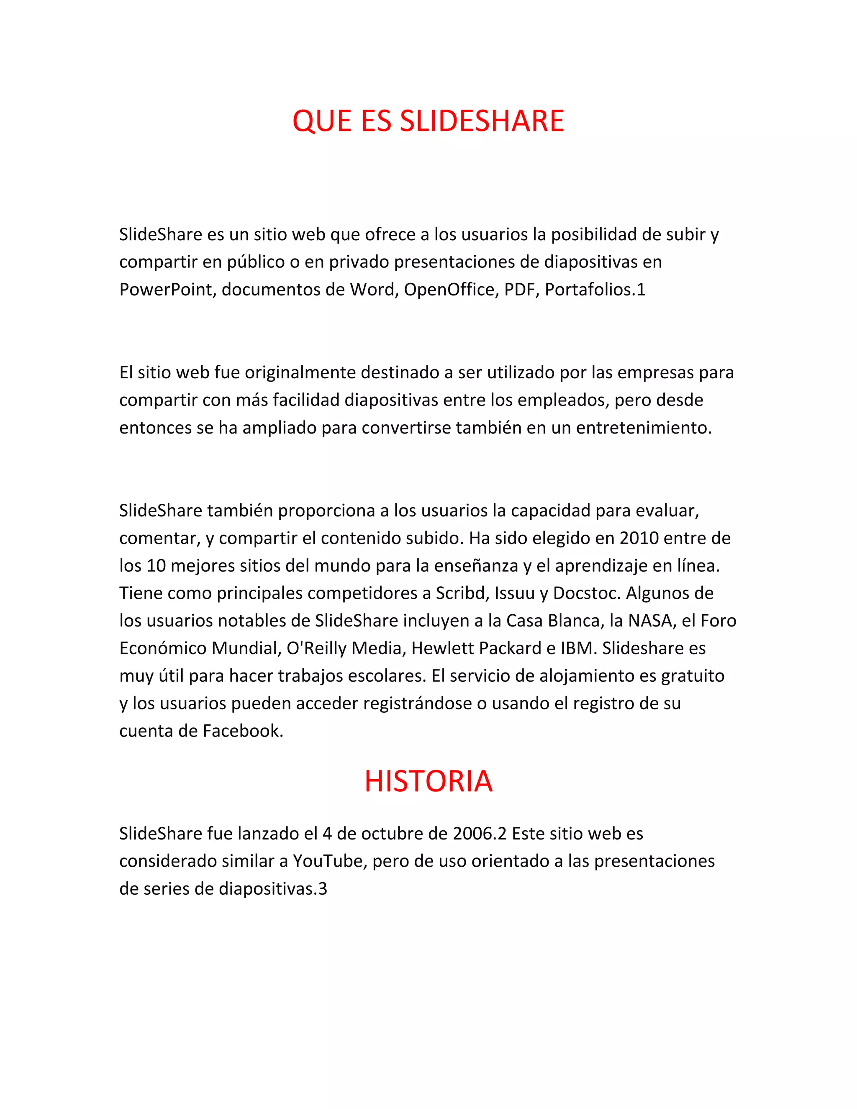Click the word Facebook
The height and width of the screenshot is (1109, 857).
tap(243, 731)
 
